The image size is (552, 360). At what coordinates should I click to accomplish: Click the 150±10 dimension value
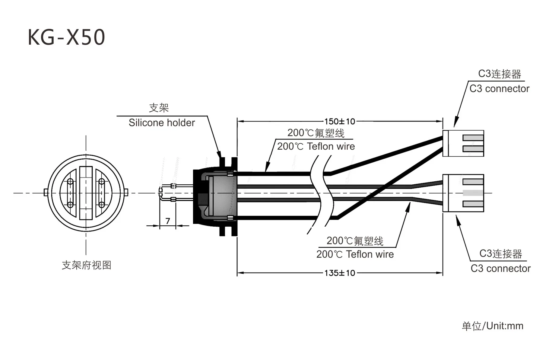[340, 121]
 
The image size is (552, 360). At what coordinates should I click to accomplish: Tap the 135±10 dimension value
[340, 273]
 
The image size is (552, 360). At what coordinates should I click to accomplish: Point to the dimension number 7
[168, 221]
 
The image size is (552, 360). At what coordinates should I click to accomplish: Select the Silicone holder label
[162, 123]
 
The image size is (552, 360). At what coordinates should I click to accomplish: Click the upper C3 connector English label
[499, 88]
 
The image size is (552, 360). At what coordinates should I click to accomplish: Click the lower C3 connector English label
[500, 268]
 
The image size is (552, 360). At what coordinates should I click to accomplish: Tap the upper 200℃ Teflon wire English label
[316, 146]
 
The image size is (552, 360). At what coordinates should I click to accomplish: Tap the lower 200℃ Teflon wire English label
[355, 254]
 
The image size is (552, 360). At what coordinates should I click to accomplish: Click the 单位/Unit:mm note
[493, 326]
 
